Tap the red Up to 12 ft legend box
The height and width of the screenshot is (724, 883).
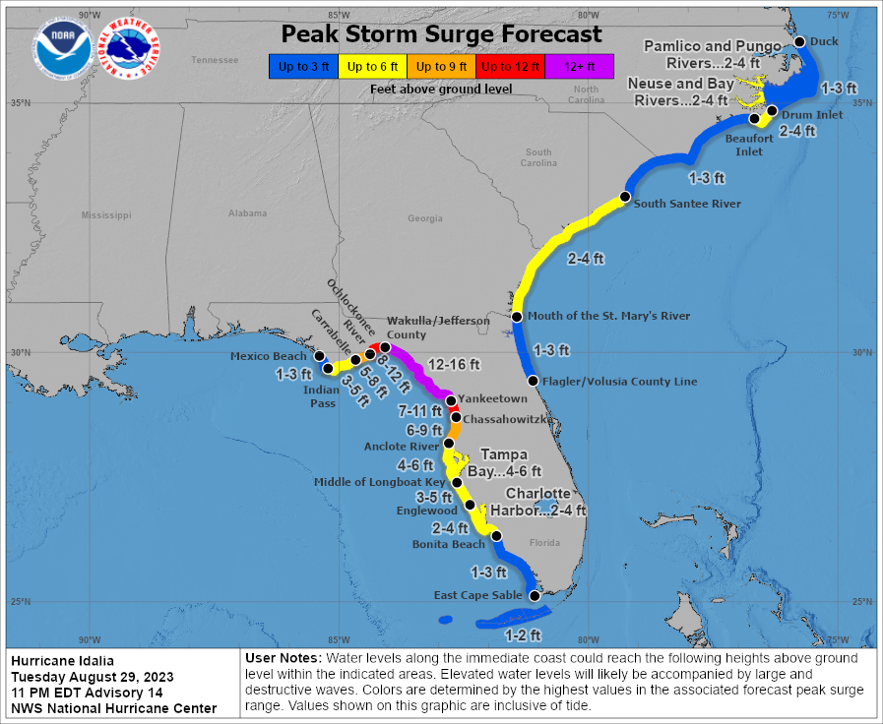[x=509, y=66]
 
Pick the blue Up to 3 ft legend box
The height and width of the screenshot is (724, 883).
[x=302, y=66]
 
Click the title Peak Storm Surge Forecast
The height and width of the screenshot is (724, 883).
[x=441, y=33]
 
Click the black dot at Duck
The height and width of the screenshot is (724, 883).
[x=800, y=41]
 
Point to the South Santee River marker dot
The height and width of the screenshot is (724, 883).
[x=624, y=198]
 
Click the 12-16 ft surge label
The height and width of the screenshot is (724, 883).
[x=454, y=364]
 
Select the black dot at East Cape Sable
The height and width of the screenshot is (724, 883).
[x=535, y=596]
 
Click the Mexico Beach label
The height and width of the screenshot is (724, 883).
[x=270, y=356]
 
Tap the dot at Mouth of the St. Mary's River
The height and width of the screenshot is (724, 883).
[x=517, y=317]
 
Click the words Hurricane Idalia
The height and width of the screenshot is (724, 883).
[x=63, y=660]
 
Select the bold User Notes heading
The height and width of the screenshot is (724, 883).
[x=283, y=657]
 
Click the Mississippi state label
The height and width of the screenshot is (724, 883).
[x=106, y=214]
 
